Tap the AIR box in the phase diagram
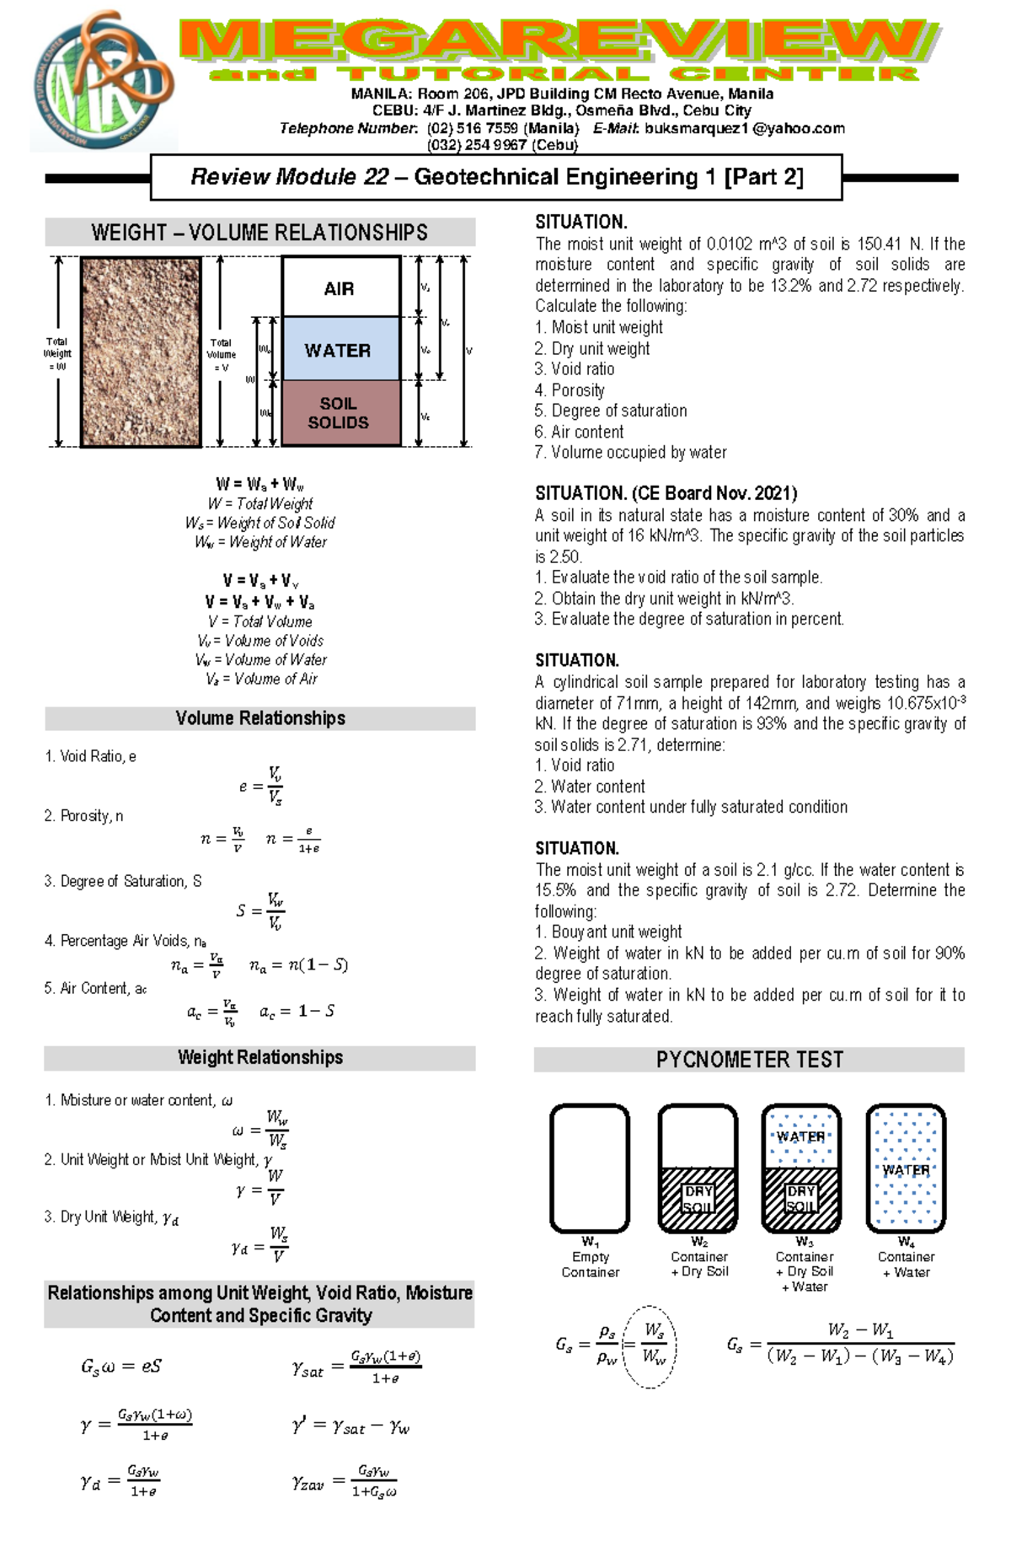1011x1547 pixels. pos(340,287)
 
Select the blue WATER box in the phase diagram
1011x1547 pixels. pos(340,349)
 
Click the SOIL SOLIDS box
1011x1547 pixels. pos(340,413)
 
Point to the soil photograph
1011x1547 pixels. pos(141,352)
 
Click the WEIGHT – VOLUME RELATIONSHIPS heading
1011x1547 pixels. pos(259,233)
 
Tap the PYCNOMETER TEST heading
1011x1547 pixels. pos(749,1060)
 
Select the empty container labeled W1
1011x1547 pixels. pos(590,1168)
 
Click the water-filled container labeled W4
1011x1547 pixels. pos(906,1168)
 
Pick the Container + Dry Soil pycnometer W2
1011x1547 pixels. pos(698,1168)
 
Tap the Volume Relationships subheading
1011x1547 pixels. pos(259,718)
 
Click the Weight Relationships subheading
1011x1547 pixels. pos(259,1058)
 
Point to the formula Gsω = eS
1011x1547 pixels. pos(121,1367)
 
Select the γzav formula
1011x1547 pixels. pos(345,1481)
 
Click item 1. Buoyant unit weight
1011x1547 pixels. pos(607,932)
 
